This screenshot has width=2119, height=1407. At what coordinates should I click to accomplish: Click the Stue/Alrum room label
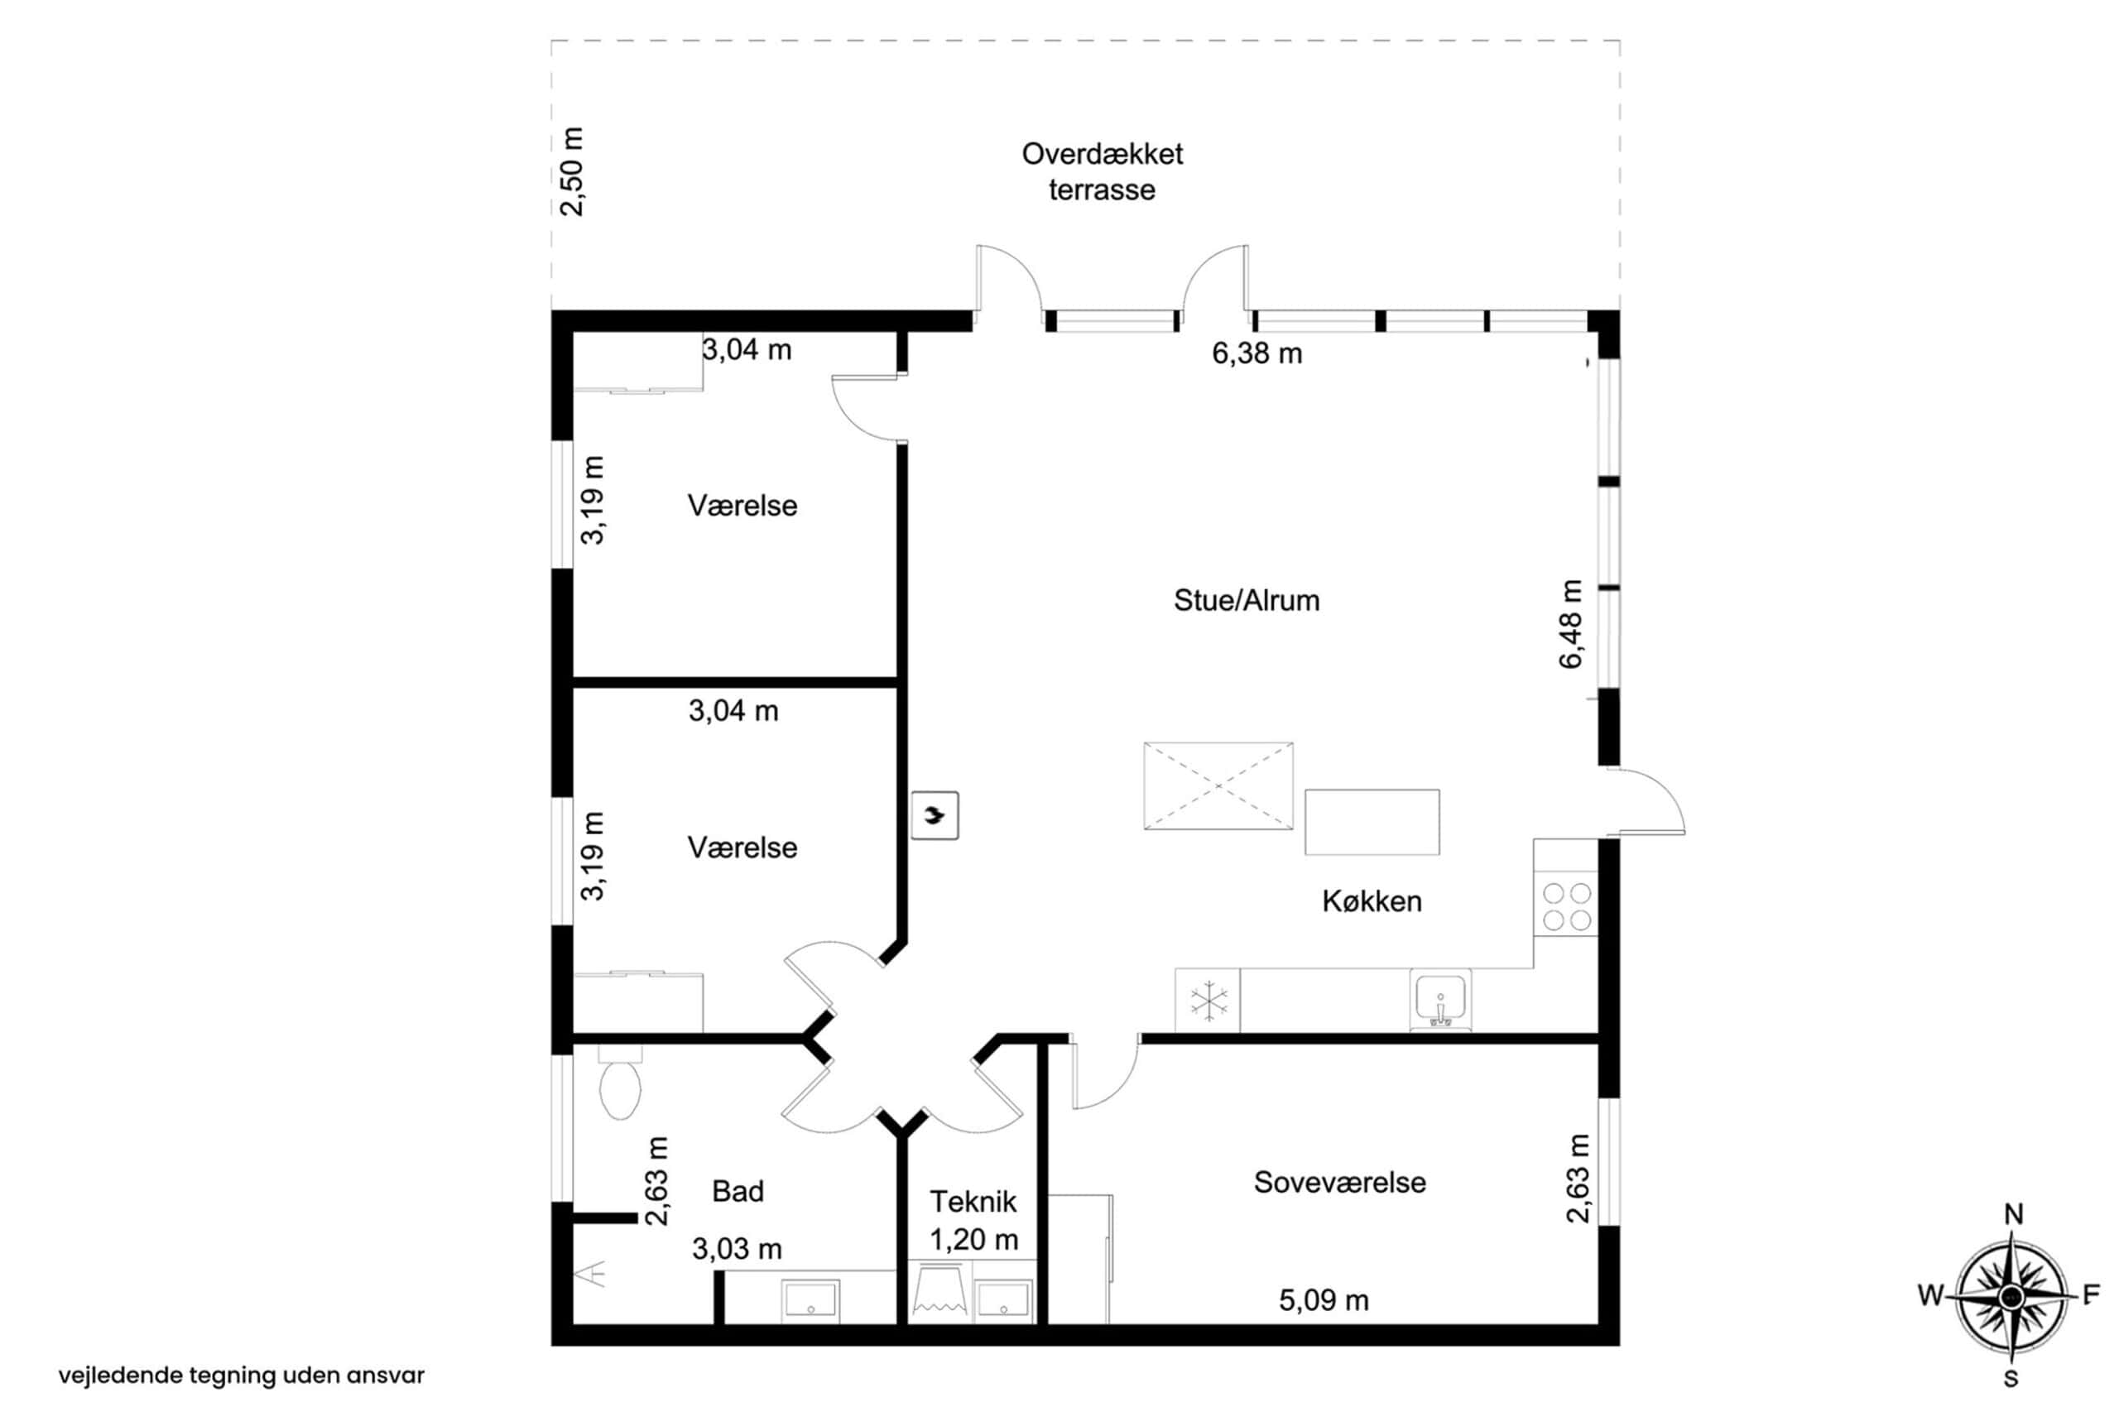pyautogui.click(x=1246, y=600)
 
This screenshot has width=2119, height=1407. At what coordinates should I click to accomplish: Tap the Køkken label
pyautogui.click(x=1372, y=901)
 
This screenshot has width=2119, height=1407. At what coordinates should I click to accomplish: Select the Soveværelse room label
pyautogui.click(x=1339, y=1182)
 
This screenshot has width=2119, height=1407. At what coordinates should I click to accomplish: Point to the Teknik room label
pyautogui.click(x=973, y=1201)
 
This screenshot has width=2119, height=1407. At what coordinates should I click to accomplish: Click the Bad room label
pyautogui.click(x=738, y=1191)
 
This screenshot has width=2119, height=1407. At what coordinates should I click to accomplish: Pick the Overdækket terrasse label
pyautogui.click(x=1103, y=171)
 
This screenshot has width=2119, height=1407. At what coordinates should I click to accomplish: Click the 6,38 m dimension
pyautogui.click(x=1257, y=353)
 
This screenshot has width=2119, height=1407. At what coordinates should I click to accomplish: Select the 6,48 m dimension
pyautogui.click(x=1571, y=624)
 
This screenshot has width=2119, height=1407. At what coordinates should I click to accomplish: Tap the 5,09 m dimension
pyautogui.click(x=1324, y=1299)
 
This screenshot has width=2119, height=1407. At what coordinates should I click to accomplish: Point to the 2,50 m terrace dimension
pyautogui.click(x=572, y=171)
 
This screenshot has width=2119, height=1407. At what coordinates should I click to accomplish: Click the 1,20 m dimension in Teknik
pyautogui.click(x=973, y=1239)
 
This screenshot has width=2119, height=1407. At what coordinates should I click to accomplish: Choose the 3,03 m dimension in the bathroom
pyautogui.click(x=737, y=1248)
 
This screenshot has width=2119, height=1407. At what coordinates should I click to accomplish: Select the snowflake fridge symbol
pyautogui.click(x=1207, y=1001)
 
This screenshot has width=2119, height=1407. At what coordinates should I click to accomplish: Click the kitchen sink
pyautogui.click(x=1440, y=1000)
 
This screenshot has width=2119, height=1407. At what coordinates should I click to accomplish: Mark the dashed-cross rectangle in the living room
pyautogui.click(x=1218, y=785)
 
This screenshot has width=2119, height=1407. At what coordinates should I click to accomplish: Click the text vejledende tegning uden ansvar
pyautogui.click(x=242, y=1375)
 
